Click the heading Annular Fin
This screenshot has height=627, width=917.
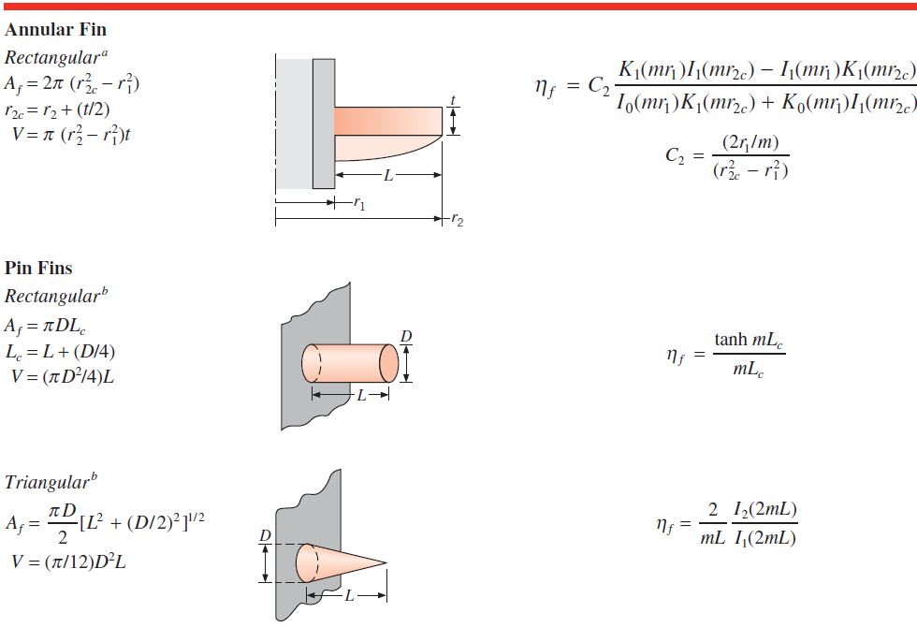pos(55,29)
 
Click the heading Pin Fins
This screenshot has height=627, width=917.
pos(38,268)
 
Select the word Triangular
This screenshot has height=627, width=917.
pos(46,483)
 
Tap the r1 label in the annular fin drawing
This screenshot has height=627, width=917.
pos(359,204)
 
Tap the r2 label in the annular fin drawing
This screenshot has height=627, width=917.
pos(457,220)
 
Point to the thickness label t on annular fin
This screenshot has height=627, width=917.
pos(453,100)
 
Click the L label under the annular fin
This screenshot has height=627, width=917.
pos(388,175)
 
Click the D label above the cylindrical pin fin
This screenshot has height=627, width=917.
pos(406,336)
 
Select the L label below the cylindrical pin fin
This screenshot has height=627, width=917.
pos(361,395)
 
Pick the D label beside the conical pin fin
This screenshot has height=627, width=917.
pos(266,535)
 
